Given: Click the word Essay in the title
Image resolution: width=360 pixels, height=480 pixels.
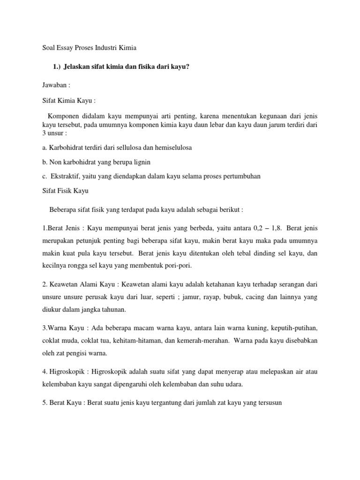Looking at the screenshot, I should click(x=62, y=48).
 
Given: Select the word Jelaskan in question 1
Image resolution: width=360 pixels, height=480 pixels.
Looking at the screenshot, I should click(x=82, y=67).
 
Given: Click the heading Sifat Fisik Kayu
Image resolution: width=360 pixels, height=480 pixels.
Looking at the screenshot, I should click(x=58, y=191).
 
